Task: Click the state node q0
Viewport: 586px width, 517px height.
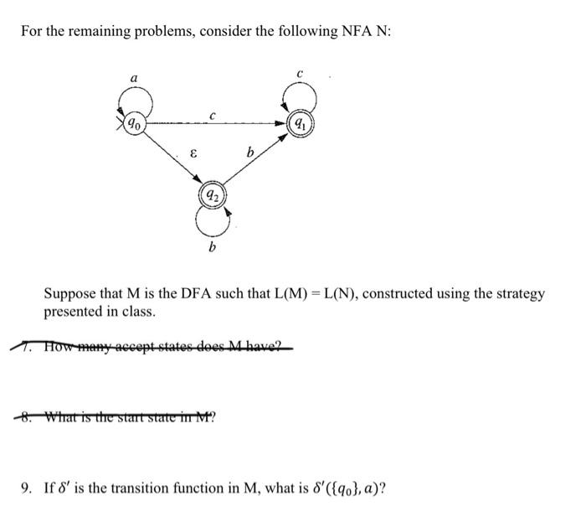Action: point(134,124)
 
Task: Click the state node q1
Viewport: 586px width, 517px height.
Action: point(299,124)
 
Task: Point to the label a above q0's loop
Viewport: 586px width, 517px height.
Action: point(134,78)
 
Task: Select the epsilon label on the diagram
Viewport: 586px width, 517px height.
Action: point(193,154)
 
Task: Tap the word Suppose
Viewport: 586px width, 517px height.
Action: point(69,294)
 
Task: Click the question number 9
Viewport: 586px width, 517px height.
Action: point(27,487)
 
